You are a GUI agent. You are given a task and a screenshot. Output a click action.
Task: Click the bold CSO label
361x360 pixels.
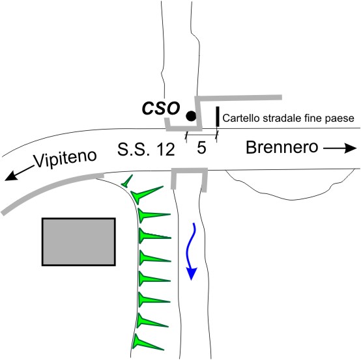pos(161,108)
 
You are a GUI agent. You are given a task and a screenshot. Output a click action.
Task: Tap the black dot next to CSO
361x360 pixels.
pos(191,116)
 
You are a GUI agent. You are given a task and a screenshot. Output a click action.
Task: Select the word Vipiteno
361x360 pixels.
pos(66,158)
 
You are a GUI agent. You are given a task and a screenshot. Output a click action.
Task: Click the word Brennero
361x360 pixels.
pos(282,147)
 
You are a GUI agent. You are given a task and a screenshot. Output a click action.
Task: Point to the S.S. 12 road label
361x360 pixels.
pos(146,149)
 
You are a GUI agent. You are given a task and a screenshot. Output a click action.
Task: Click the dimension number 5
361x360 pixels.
pos(201,148)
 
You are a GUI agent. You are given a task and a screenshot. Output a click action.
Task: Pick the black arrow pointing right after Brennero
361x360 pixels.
pos(339,148)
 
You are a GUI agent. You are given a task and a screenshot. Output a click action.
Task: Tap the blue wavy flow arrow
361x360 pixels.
pos(192,251)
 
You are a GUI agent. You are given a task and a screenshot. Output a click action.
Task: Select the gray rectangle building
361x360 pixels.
pos(78,242)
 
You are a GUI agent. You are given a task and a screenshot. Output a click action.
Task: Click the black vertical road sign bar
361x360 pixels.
pos(218,117)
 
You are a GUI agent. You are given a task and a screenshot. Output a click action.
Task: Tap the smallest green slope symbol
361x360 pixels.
pos(127,181)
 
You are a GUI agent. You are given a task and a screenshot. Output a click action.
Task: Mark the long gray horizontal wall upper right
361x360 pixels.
pos(238,98)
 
